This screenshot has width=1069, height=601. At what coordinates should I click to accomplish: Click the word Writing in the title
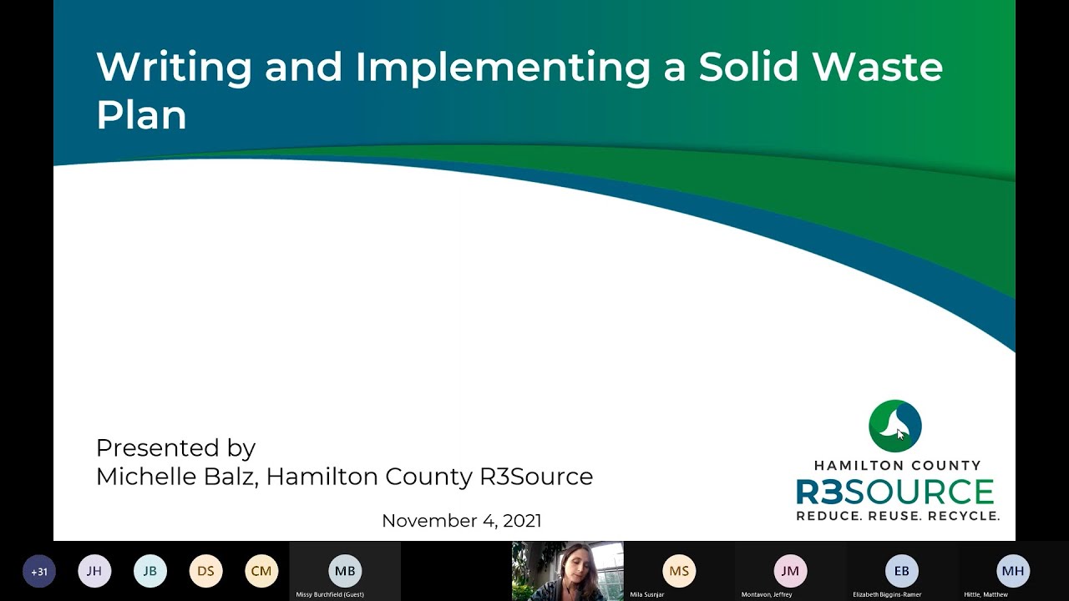click(174, 68)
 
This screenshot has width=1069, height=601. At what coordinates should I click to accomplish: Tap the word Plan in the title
click(141, 115)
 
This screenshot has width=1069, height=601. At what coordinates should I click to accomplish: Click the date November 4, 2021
click(461, 521)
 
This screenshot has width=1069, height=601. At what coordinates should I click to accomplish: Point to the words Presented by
click(175, 448)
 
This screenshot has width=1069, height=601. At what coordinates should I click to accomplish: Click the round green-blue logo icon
click(894, 426)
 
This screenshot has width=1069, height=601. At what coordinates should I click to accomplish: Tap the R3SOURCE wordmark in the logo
click(895, 492)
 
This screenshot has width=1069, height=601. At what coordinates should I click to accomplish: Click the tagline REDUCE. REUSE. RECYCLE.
click(897, 516)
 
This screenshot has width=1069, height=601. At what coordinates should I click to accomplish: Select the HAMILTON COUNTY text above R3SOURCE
click(897, 466)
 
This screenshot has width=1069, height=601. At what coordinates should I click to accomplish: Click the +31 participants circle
click(39, 572)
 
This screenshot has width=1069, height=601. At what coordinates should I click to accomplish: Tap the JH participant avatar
click(94, 572)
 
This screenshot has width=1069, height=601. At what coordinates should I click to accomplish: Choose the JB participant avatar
click(150, 572)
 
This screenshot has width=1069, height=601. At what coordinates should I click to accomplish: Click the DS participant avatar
click(205, 572)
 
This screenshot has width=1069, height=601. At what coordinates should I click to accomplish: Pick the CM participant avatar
click(261, 572)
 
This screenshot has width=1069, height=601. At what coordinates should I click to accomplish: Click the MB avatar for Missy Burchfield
click(345, 571)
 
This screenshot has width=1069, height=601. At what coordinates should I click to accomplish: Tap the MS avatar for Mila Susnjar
click(679, 571)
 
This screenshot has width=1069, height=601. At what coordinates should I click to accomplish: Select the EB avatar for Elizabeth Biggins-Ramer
click(902, 571)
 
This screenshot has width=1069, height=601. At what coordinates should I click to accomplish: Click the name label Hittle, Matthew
click(985, 594)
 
